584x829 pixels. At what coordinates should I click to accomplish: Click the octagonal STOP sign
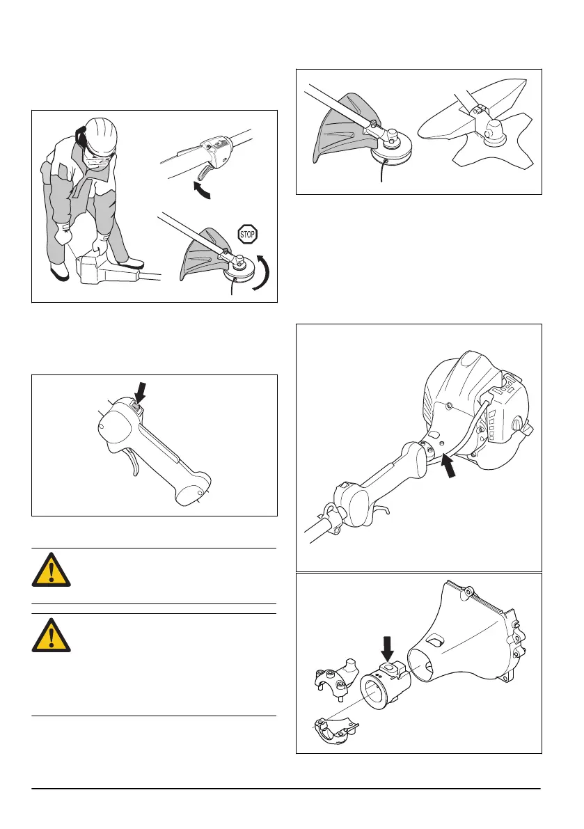tap(248, 234)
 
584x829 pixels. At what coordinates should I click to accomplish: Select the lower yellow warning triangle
tap(51, 634)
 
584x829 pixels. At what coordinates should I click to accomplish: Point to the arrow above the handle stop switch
tap(140, 393)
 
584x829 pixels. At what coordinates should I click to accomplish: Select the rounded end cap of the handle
tap(193, 487)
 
